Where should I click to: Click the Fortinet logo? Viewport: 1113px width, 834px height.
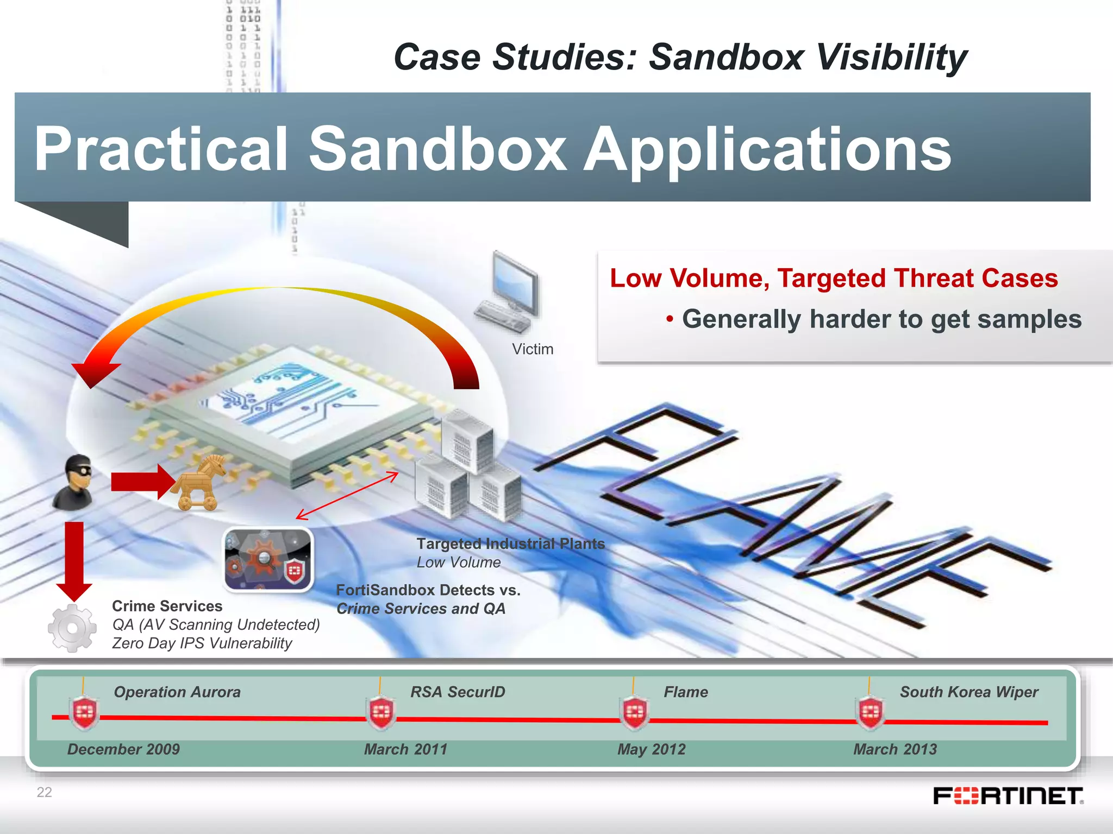pos(1008,796)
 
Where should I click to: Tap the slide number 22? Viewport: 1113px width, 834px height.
pos(44,792)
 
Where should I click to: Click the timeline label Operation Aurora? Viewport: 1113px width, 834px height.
pos(177,692)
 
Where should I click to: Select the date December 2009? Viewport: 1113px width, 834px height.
pos(123,749)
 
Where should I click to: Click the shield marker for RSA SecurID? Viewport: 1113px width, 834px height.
pos(381,712)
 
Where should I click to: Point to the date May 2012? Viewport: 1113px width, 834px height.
pos(651,749)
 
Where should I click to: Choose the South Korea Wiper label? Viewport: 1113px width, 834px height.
pos(968,692)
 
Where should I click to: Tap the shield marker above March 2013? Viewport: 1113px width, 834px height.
pos(870,712)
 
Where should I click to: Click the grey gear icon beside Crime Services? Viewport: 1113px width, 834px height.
pos(72,628)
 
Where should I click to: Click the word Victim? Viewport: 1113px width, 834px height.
pos(532,349)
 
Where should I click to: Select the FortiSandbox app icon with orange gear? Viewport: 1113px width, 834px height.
pos(268,560)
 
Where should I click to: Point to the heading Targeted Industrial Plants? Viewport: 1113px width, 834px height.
pos(510,544)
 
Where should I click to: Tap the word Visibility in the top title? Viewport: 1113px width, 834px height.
pos(891,57)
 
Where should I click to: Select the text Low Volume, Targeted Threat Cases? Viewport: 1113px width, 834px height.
pos(834,278)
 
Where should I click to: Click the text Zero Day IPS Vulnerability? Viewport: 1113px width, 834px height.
pos(202,643)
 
